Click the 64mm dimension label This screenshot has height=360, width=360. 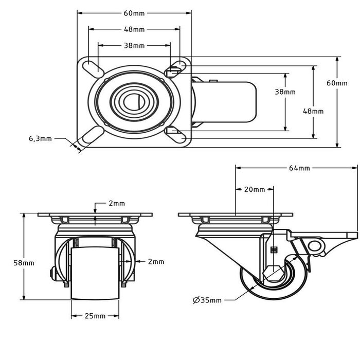tap(299, 168)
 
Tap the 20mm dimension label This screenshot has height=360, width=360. tap(254, 189)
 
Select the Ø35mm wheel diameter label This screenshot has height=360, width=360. tap(207, 300)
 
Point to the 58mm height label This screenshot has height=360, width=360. tap(24, 263)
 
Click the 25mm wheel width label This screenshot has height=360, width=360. tap(96, 315)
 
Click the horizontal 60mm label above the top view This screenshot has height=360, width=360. tap(134, 12)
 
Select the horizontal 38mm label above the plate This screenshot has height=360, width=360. tap(134, 45)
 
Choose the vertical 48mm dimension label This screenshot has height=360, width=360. tap(313, 111)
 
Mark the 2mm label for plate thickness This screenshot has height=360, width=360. tap(116, 203)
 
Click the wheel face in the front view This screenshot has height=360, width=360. tap(96, 273)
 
